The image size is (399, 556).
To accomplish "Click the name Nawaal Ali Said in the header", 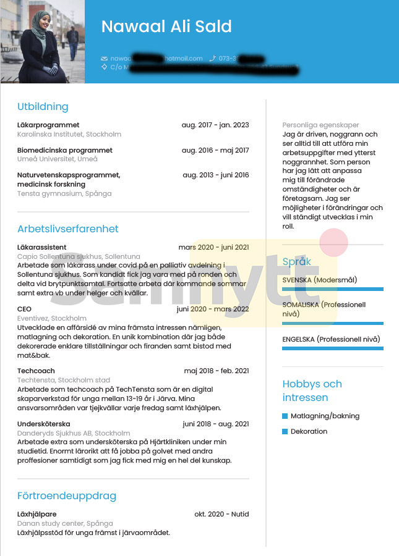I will coord(166,27).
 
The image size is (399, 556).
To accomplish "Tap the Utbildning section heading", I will coord(43,106).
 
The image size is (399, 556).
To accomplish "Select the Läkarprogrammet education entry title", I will coord(48,125).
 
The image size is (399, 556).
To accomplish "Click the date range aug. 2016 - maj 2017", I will coord(215,150).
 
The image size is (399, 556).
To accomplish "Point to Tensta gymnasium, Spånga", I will coord(64,193).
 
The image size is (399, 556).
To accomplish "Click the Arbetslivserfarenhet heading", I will coord(68,229).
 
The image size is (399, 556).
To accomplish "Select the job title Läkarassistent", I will coord(41,247).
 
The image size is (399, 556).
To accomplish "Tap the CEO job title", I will coord(24,309).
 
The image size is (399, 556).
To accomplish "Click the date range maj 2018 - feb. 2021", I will coord(216,371).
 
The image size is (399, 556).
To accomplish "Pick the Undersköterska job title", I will coord(43,424).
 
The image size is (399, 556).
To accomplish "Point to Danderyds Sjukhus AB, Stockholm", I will coord(74,433).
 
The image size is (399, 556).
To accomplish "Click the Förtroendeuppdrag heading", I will coord(67,495).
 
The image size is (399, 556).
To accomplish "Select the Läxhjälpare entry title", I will coord(36,514).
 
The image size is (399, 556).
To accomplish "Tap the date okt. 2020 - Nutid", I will coord(221,514).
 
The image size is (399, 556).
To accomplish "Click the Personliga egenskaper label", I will coord(320,125).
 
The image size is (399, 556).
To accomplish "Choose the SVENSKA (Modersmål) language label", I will coord(319,280).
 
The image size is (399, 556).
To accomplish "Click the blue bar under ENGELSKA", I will coord(333,348).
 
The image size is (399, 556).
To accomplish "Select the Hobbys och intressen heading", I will coord(312,390).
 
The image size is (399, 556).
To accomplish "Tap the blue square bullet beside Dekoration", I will coord(285,431).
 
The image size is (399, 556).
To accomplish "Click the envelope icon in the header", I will coord(104,59).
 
